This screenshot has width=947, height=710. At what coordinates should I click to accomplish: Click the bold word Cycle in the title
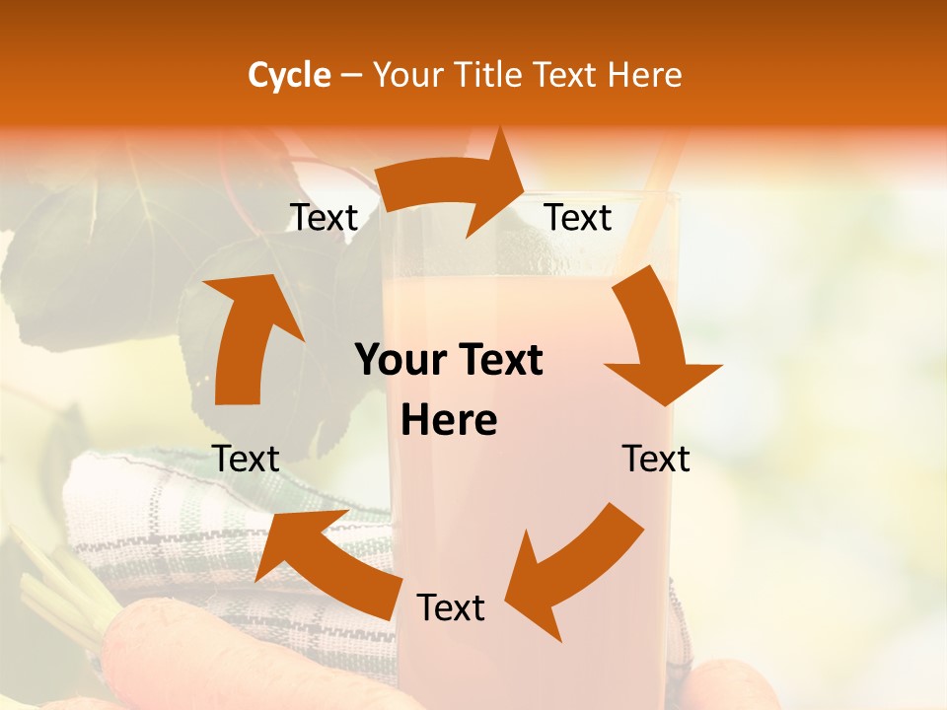pos(289,75)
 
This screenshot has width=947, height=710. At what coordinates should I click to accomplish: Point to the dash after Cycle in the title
pos(351,76)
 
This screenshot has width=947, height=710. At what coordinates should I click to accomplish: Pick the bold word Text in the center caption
pos(498,360)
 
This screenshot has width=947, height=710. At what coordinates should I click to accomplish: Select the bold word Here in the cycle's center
pos(449,421)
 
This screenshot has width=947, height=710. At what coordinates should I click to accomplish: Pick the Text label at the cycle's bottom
pos(451,608)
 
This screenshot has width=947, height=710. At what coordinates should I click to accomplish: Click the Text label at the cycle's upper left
pos(324,218)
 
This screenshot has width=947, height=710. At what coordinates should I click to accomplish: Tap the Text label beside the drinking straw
pos(578,218)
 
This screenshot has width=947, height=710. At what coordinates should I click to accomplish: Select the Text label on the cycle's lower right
pos(656,460)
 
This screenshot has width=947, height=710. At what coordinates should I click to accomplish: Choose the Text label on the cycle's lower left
pos(246,460)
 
